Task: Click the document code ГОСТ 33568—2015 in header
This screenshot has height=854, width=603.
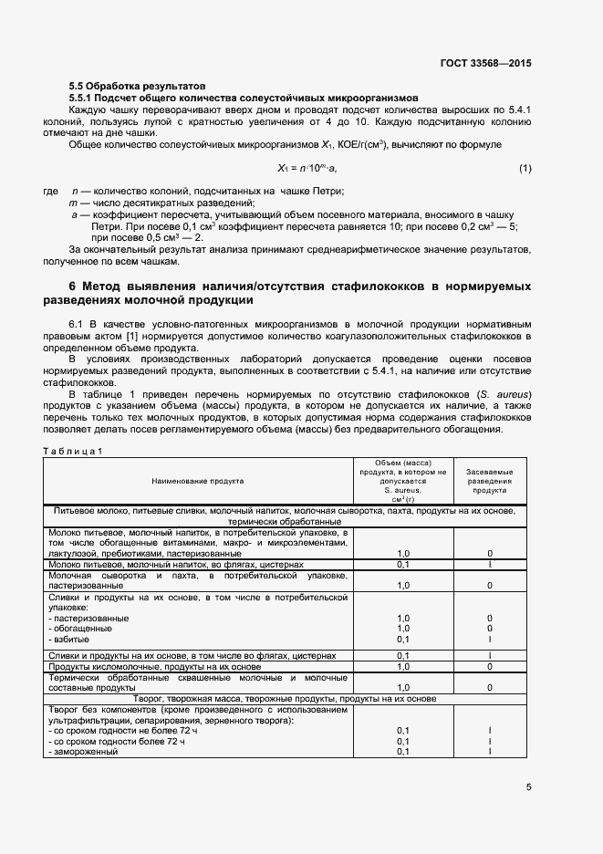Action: coord(484,63)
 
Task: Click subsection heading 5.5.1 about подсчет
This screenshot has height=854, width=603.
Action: coord(244,96)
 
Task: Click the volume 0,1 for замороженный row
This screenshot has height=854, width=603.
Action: coord(402,751)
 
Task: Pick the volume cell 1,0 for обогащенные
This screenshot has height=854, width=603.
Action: coord(402,628)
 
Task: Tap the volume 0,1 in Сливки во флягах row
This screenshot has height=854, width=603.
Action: coord(402,655)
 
